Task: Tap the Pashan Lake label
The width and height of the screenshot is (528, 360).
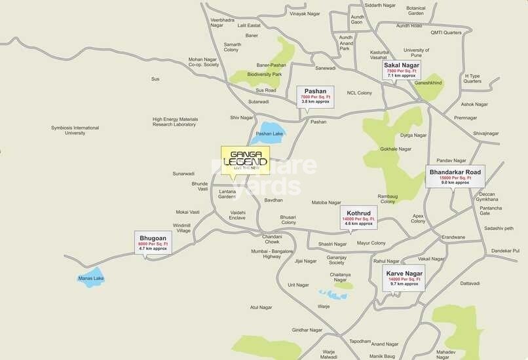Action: click(x=269, y=134)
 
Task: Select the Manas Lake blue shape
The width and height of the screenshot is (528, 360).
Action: click(x=91, y=278)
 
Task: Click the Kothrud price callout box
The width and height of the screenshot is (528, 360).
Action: click(x=358, y=215)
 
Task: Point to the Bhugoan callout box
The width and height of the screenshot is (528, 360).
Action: click(x=153, y=242)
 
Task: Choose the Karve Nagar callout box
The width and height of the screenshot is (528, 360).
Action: click(x=404, y=278)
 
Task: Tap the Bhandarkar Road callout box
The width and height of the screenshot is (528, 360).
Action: click(x=455, y=176)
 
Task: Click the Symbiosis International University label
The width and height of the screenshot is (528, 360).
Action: click(x=75, y=130)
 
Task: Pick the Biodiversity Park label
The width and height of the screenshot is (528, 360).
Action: click(x=265, y=75)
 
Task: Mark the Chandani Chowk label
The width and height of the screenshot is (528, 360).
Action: click(x=272, y=239)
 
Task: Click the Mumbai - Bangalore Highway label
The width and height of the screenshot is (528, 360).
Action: click(x=272, y=253)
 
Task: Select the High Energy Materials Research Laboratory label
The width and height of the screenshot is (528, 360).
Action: click(x=175, y=122)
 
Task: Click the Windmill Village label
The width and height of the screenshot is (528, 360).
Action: click(x=182, y=228)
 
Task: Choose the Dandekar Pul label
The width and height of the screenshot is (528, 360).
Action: click(x=505, y=251)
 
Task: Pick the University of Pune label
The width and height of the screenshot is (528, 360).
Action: click(x=416, y=53)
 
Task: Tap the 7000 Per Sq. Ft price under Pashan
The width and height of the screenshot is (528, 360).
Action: click(x=315, y=97)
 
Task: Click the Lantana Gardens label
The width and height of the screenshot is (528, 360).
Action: click(x=226, y=194)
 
